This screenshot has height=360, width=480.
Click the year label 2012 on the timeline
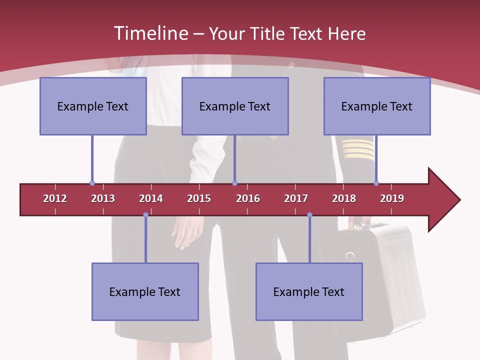click(x=55, y=198)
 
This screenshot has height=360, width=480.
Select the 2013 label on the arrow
click(x=103, y=198)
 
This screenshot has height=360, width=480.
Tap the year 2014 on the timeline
click(x=151, y=198)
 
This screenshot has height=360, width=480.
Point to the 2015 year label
click(x=199, y=198)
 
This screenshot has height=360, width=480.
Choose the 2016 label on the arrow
click(x=248, y=198)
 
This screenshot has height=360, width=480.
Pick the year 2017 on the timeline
click(x=296, y=198)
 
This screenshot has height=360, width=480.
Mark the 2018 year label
click(x=344, y=198)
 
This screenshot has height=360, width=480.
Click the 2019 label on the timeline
click(x=392, y=198)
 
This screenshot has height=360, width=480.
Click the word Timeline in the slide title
click(x=150, y=33)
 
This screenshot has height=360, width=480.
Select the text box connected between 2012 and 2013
click(x=93, y=106)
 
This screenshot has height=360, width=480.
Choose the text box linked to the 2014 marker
click(x=145, y=292)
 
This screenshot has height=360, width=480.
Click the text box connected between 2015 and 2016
click(x=235, y=106)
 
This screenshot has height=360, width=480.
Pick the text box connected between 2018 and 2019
click(x=377, y=106)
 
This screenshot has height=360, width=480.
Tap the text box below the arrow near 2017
click(x=309, y=292)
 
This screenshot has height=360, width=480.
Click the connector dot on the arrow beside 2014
click(x=145, y=215)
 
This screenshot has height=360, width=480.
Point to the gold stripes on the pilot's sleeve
click(x=358, y=148)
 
